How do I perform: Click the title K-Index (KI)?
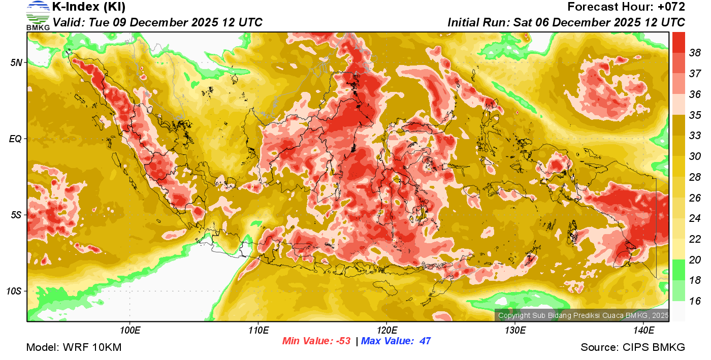(89, 7)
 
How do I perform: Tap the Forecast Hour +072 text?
(626, 7)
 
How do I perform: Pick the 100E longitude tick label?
(130, 331)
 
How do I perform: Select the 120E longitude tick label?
(386, 331)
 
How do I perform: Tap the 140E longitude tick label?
(643, 331)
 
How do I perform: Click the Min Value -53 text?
(316, 341)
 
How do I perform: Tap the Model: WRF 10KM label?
(74, 347)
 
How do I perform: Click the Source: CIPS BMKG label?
(633, 347)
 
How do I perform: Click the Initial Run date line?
(566, 22)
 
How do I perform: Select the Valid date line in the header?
(157, 22)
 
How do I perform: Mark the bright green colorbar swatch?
(678, 270)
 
